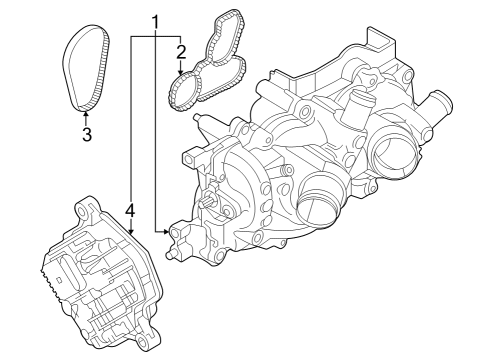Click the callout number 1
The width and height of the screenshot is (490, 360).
click(155, 22)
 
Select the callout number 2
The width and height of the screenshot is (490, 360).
click(181, 52)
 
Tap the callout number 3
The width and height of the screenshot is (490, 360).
click(87, 134)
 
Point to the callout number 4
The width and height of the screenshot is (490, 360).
click(130, 210)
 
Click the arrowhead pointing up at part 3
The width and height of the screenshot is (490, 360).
click(86, 114)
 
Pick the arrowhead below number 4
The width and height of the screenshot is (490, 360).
click(131, 231)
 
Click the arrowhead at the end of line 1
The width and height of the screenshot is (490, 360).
click(166, 231)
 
